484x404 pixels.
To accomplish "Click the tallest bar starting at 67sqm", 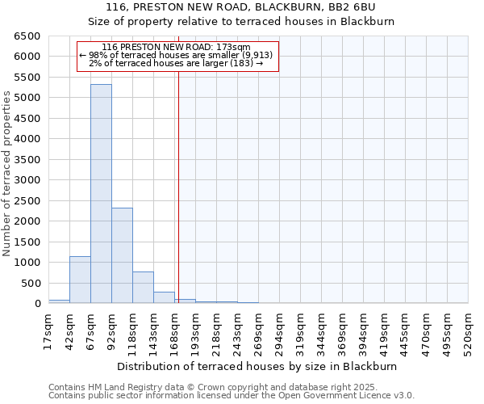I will click(101, 194).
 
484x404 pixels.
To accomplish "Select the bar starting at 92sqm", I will click(122, 255).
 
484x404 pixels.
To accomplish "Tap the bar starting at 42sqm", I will click(80, 280).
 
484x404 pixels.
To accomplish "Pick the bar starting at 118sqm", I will click(143, 288).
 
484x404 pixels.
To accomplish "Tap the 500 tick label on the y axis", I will click(31, 284).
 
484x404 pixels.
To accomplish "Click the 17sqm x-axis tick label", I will click(48, 329).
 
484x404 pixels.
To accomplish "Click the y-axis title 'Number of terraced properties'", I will click(7, 174).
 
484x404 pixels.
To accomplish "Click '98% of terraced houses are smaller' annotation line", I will click(177, 55).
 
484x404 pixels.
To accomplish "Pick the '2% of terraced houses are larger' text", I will click(176, 63).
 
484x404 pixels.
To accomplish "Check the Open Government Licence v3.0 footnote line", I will click(232, 396).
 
